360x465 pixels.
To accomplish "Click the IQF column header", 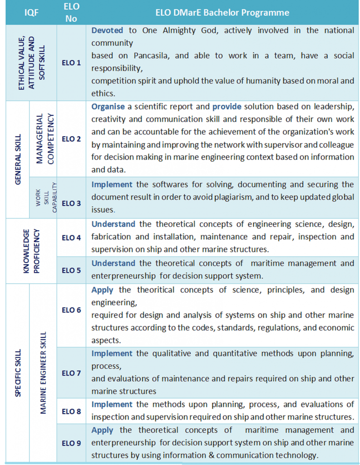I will pyautogui.click(x=31, y=12).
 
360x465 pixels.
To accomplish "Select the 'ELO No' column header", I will pyautogui.click(x=71, y=12).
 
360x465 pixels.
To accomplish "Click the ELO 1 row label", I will pyautogui.click(x=71, y=62).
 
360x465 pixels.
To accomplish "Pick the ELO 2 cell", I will pyautogui.click(x=71, y=139).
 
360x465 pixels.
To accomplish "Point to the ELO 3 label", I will pyautogui.click(x=71, y=203).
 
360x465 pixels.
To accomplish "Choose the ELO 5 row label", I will pyautogui.click(x=71, y=270).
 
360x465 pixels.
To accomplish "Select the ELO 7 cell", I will pyautogui.click(x=71, y=373).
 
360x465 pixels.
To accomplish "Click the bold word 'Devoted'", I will pyautogui.click(x=107, y=30).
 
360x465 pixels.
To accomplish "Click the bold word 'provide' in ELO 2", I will pyautogui.click(x=227, y=107).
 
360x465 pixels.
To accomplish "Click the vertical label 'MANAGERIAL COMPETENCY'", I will pyautogui.click(x=44, y=138).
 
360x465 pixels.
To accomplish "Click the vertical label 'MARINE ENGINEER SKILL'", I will pyautogui.click(x=44, y=372).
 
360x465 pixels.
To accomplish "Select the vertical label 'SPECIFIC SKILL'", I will pyautogui.click(x=18, y=372).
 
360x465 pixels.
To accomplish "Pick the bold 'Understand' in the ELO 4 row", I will pyautogui.click(x=113, y=224).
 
